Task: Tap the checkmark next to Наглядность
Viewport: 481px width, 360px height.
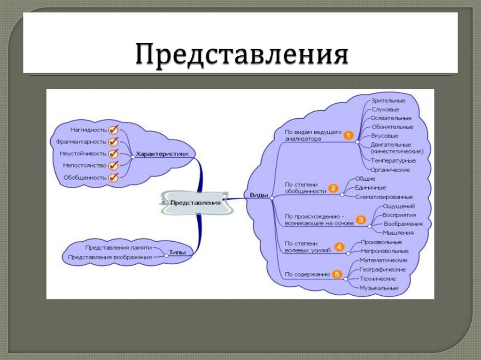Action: (113, 130)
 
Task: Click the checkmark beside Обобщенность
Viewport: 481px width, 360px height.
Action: (113, 177)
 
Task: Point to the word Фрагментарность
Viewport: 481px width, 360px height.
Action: (80, 142)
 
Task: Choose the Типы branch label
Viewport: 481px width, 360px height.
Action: (177, 253)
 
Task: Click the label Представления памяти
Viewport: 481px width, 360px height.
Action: (118, 247)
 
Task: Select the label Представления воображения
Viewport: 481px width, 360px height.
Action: (110, 257)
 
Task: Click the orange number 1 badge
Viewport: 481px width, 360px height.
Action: (348, 135)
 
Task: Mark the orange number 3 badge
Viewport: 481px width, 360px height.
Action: (361, 219)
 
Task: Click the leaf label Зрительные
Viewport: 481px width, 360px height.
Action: (388, 100)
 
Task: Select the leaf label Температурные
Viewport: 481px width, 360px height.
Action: (393, 161)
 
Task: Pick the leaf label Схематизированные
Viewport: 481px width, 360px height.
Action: (384, 197)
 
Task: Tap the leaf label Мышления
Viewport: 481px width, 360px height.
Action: (398, 232)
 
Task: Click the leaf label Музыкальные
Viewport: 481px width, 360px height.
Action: (379, 288)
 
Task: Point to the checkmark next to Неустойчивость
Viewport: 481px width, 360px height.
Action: (113, 153)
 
